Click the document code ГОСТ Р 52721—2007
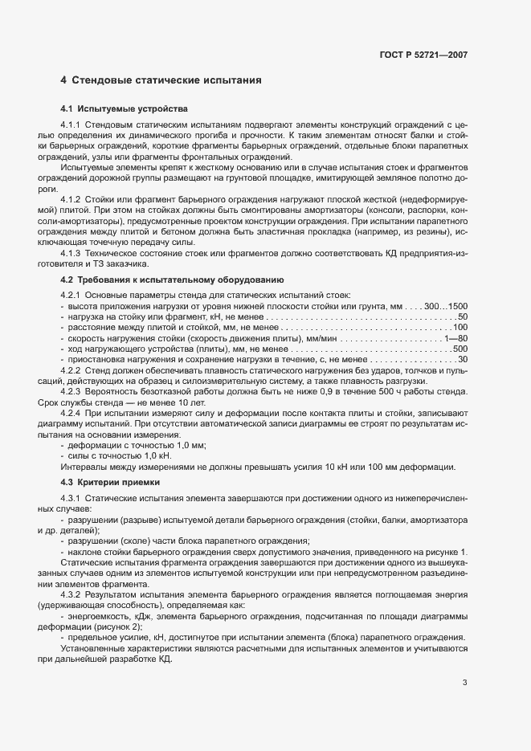[423, 55]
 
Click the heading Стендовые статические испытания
[167, 81]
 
